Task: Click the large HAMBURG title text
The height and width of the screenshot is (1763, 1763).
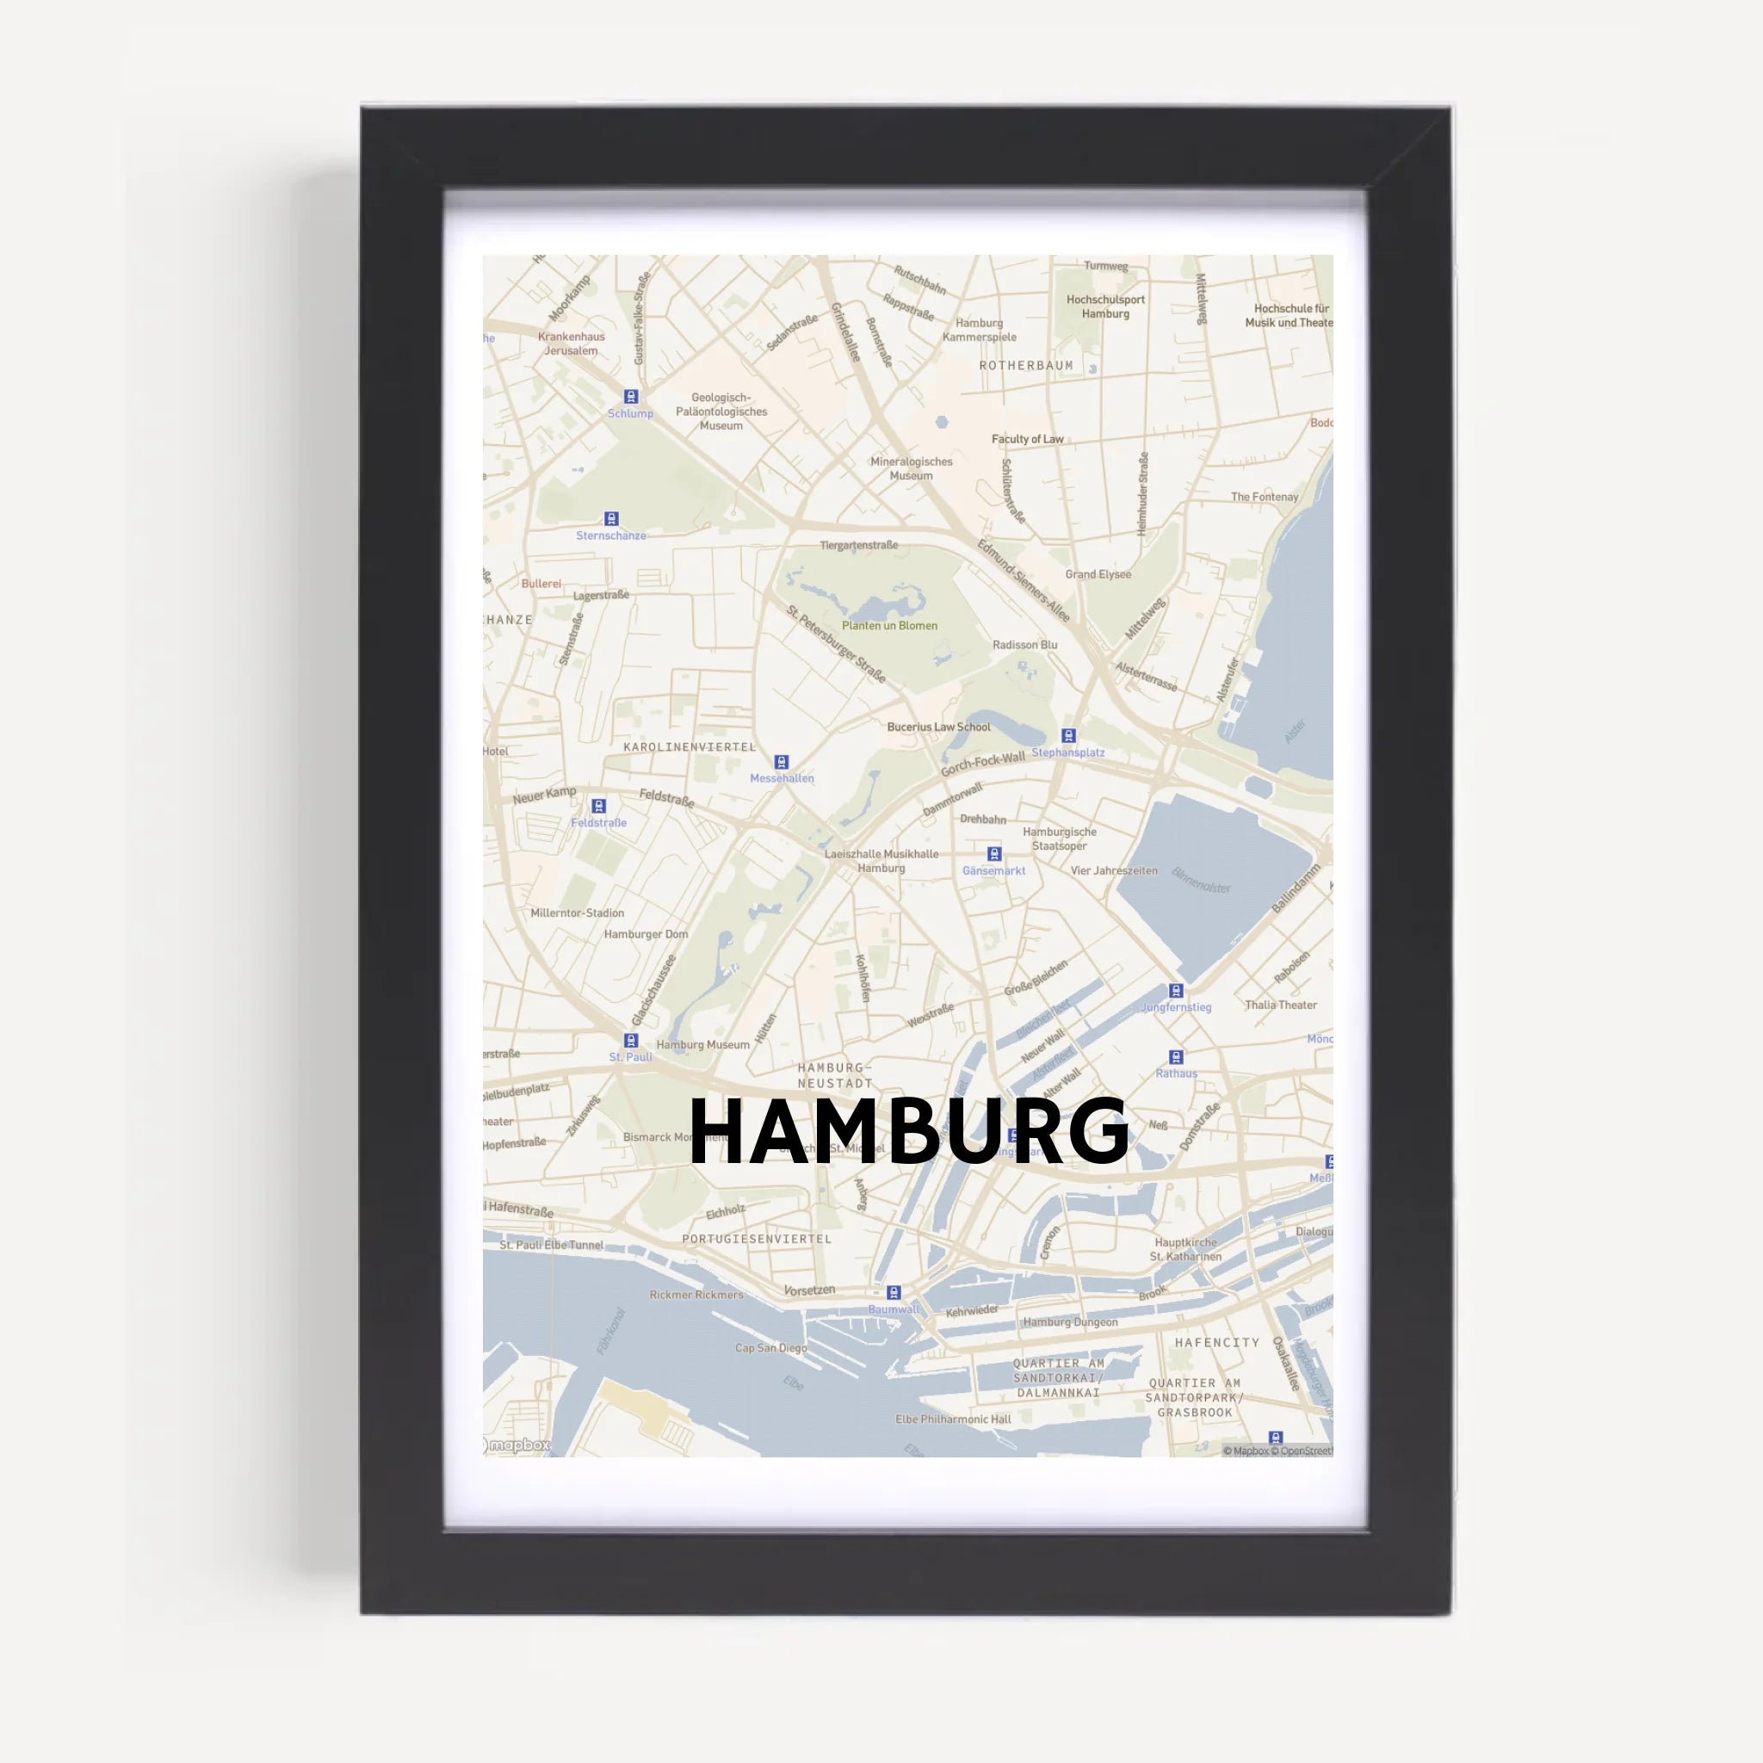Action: pyautogui.click(x=909, y=1131)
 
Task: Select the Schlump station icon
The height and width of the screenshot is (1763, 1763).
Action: pyautogui.click(x=630, y=397)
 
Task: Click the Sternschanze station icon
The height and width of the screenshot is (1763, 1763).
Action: pyautogui.click(x=611, y=519)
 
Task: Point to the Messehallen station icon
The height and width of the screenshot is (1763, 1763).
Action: pyautogui.click(x=781, y=762)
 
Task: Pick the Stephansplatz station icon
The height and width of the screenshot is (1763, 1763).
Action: pyautogui.click(x=1068, y=735)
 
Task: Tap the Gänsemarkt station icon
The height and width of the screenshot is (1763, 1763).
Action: pyautogui.click(x=994, y=854)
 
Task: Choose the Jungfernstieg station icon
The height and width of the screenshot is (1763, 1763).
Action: pyautogui.click(x=1176, y=991)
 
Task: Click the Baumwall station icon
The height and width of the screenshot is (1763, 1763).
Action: pyautogui.click(x=894, y=1292)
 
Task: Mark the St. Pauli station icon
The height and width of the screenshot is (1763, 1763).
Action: pyautogui.click(x=630, y=1040)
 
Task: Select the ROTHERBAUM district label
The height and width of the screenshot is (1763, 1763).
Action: pyautogui.click(x=1027, y=366)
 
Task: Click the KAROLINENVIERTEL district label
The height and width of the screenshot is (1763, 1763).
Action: pyautogui.click(x=690, y=746)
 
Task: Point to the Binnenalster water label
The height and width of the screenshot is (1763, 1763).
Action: pyautogui.click(x=1202, y=881)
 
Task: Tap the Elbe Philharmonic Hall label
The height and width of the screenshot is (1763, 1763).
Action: pyautogui.click(x=953, y=1419)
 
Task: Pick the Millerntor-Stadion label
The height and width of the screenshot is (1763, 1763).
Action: pyautogui.click(x=578, y=912)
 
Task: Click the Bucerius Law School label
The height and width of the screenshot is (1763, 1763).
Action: pyautogui.click(x=938, y=727)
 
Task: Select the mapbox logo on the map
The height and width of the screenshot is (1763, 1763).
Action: pyautogui.click(x=517, y=1445)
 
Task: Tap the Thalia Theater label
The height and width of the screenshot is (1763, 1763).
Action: pyautogui.click(x=1280, y=1005)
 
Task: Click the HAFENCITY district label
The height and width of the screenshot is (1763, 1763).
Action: pyautogui.click(x=1217, y=1342)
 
